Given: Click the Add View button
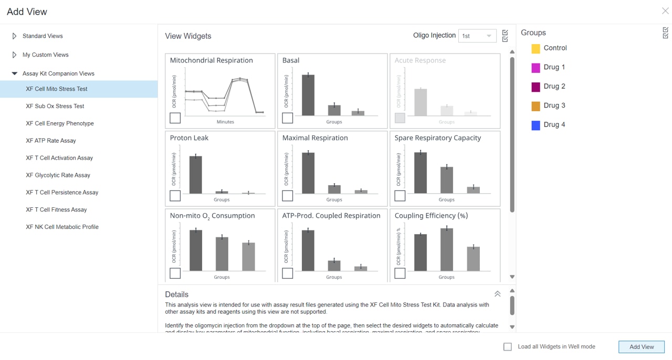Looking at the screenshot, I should click(x=641, y=347).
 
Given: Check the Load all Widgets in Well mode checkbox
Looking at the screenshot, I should click(x=508, y=347).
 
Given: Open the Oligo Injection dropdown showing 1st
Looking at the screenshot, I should click(x=477, y=36).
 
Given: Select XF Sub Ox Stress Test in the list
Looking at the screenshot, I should click(x=55, y=106).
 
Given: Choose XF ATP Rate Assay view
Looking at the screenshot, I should click(x=51, y=141).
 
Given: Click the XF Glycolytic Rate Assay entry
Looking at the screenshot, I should click(x=58, y=175).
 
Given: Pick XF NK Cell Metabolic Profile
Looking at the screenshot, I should click(x=62, y=227).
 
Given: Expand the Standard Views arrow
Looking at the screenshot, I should click(x=14, y=36).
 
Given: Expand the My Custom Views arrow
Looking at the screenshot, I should click(x=14, y=55).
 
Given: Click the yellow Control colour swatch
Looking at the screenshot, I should click(x=535, y=48).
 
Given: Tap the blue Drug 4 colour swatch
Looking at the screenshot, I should click(x=535, y=125).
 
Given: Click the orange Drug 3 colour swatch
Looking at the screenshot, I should click(x=535, y=106).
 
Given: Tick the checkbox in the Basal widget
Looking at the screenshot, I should click(x=288, y=118).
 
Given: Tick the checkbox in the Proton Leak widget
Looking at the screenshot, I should click(x=175, y=196).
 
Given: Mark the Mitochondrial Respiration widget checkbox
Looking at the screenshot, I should click(x=175, y=118).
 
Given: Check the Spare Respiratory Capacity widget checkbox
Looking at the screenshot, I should click(x=400, y=196).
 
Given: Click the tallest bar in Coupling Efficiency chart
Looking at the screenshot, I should click(x=447, y=249).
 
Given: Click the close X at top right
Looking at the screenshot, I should click(x=665, y=11).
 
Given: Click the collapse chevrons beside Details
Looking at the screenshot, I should click(x=497, y=294).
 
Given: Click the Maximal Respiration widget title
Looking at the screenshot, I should click(x=315, y=138).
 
